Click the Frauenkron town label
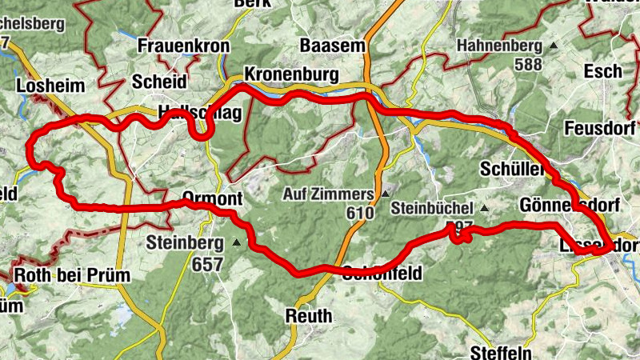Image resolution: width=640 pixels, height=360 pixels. tap(183, 46)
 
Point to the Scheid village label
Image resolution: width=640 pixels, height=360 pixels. tap(159, 82)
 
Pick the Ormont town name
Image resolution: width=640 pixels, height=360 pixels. tap(211, 198)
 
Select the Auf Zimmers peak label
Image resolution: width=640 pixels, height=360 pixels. tap(329, 194)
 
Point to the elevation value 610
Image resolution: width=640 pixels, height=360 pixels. tap(362, 214)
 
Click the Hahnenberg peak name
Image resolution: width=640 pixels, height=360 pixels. tap(500, 46)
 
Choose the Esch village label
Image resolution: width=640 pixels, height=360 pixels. tap(602, 71)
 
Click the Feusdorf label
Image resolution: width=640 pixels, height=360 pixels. tap(599, 128)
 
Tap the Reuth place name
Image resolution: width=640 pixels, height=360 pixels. tap(309, 317)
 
